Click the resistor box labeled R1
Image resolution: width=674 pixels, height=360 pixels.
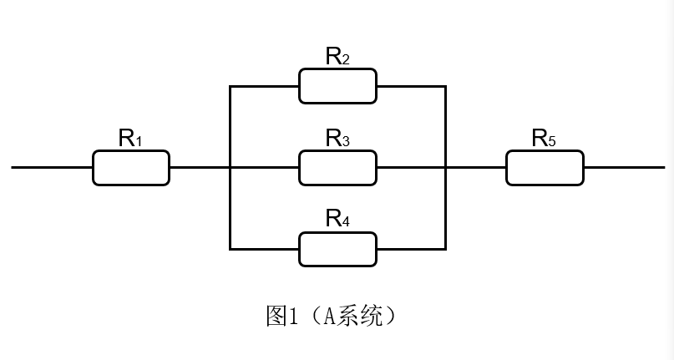130,168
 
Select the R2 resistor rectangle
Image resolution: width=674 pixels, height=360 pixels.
337,86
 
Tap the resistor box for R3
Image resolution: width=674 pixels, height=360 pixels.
337,168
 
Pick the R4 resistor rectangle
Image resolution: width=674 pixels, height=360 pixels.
337,249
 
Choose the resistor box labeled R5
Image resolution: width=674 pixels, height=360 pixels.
545,168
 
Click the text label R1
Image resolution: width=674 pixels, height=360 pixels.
130,139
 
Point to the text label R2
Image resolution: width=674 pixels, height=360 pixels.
337,57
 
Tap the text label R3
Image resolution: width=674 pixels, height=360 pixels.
337,139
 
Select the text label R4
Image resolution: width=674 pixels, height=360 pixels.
337,220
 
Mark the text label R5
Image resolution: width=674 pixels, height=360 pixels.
545,139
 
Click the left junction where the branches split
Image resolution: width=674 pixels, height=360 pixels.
230,168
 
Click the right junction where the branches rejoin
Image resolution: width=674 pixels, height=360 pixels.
445,168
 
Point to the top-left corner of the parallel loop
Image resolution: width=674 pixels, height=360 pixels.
230,86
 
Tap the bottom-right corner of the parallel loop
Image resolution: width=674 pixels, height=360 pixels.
445,249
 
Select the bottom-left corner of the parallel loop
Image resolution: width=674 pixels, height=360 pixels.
230,249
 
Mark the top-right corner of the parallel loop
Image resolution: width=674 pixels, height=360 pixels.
445,86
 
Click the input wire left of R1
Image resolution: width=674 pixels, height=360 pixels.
50,168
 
